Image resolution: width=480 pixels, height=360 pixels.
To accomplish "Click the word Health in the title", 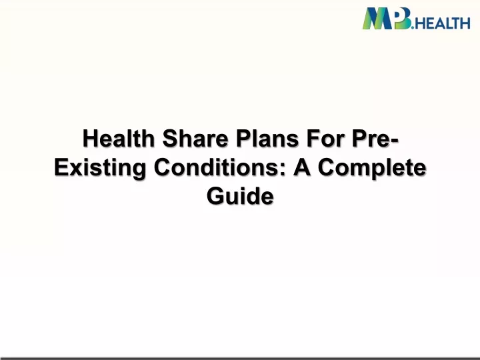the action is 119,139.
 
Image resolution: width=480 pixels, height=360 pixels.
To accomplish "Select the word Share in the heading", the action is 195,139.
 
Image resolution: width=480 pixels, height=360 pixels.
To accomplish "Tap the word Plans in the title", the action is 267,139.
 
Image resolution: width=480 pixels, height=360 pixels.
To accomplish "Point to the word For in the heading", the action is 325,139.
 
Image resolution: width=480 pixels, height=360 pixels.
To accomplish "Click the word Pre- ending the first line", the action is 375,139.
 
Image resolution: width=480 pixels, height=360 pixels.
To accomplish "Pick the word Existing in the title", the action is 101,168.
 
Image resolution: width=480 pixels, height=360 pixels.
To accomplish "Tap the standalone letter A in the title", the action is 302,167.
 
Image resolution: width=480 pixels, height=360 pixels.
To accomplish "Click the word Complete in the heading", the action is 372,168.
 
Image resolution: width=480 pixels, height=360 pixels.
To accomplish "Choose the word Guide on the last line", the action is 240,196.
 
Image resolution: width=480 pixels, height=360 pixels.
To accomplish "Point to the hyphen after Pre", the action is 395,140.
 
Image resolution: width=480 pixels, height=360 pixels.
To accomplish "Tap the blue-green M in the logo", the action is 377,19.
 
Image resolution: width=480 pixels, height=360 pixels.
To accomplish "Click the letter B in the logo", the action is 402,19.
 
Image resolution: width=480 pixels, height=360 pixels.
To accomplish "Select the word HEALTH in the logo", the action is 443,23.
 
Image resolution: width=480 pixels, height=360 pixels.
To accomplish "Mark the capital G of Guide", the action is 216,196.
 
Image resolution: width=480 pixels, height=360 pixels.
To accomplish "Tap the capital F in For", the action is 313,139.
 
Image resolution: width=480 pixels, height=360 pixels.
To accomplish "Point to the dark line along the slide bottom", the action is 240,358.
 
